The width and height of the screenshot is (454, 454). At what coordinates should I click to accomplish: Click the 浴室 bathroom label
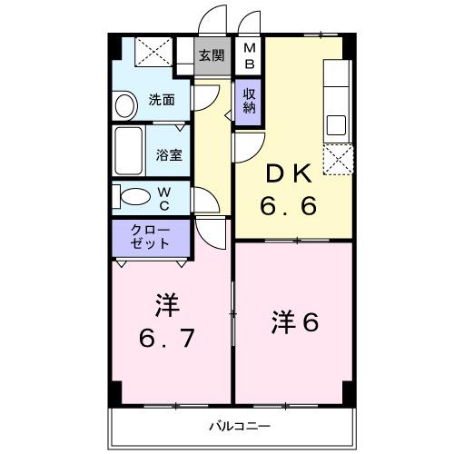tap(169, 154)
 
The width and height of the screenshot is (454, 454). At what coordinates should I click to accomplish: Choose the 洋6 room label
tap(294, 321)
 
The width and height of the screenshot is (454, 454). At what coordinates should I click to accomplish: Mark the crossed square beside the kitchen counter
tap(337, 159)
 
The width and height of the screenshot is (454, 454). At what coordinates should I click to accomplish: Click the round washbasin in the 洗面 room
tap(123, 105)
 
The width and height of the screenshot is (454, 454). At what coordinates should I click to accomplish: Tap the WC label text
tap(165, 197)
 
